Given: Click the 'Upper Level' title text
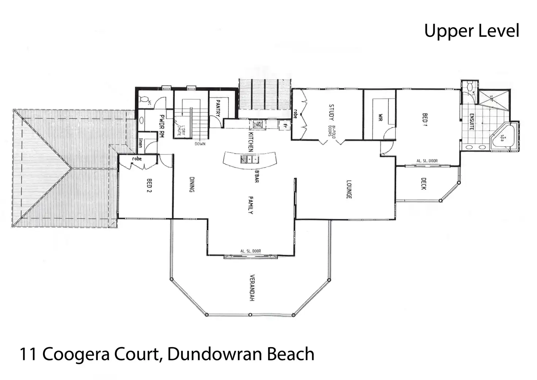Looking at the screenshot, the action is [x=471, y=31].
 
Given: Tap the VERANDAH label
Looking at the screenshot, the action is [x=252, y=288].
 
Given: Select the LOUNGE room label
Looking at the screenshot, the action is [x=348, y=189].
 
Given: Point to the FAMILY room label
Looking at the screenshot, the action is [x=251, y=205].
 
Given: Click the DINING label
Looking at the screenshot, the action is [x=192, y=185].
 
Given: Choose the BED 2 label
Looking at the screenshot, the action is [x=148, y=186].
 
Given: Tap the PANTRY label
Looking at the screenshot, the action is [x=218, y=108].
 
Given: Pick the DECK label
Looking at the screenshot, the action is [x=424, y=184].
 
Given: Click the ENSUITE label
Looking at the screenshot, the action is [x=472, y=122].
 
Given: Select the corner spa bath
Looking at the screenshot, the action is [x=503, y=138].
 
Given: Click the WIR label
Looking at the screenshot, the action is [x=380, y=118].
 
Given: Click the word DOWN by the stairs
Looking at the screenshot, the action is [x=200, y=144].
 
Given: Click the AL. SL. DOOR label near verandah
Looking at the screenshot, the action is [x=250, y=251].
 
